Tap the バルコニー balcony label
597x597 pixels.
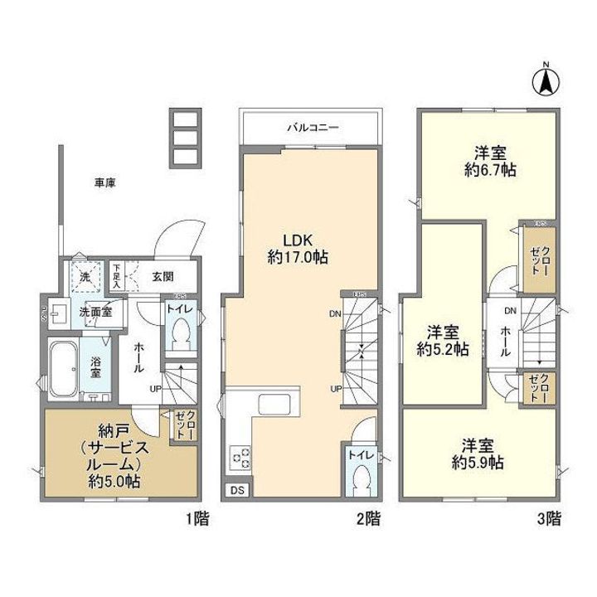pyautogui.click(x=311, y=128)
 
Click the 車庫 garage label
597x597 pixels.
pyautogui.click(x=104, y=183)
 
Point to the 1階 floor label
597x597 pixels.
pyautogui.click(x=197, y=520)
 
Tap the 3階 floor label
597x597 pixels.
pyautogui.click(x=549, y=520)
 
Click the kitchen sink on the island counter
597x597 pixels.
pyautogui.click(x=274, y=406)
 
